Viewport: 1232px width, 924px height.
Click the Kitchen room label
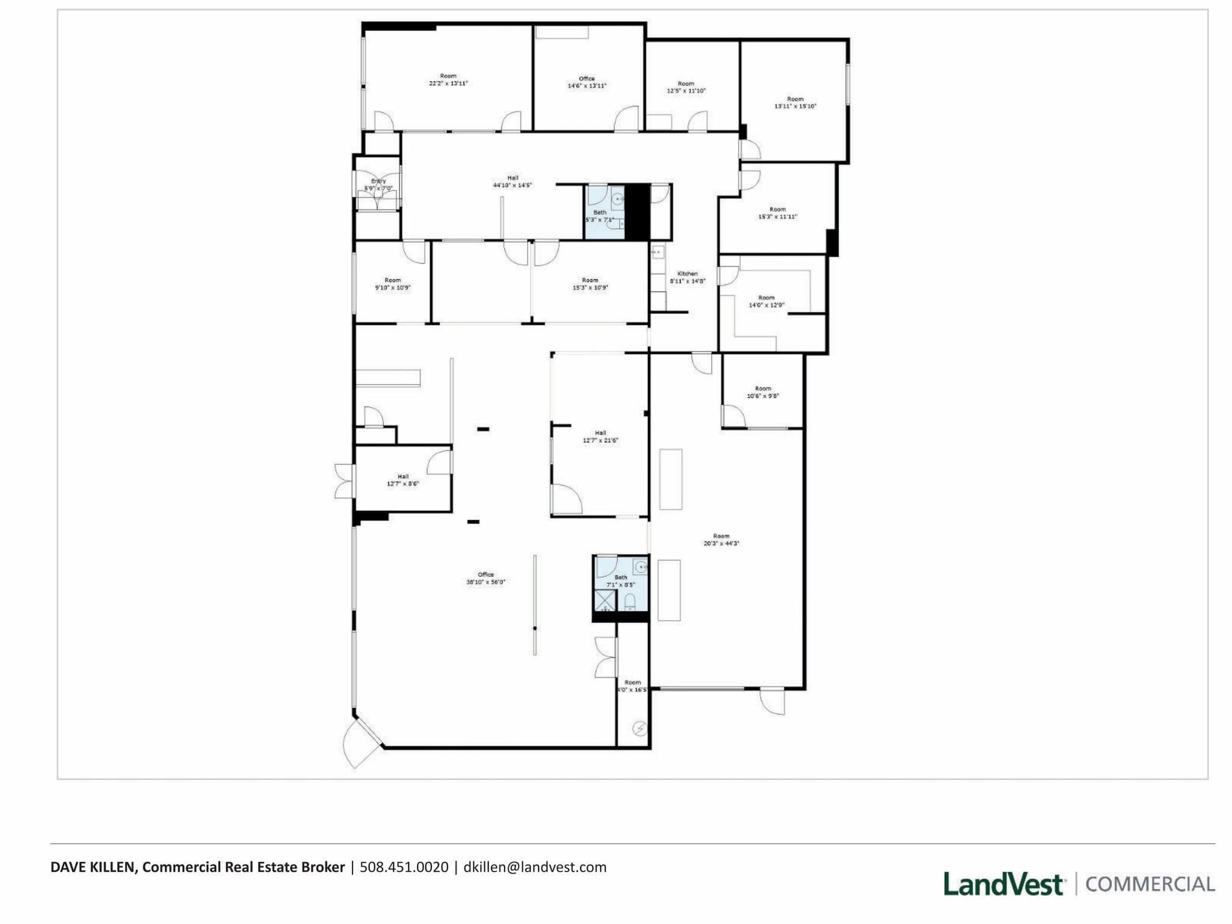point(687,274)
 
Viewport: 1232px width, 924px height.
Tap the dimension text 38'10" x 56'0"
point(485,582)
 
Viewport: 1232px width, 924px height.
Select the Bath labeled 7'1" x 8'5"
point(620,581)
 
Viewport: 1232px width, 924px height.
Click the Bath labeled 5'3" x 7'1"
point(600,216)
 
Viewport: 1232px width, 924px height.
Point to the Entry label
point(378,181)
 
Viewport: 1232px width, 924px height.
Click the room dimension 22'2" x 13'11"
point(448,84)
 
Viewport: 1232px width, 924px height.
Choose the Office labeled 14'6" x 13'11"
point(587,82)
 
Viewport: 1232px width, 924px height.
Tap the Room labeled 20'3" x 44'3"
point(721,540)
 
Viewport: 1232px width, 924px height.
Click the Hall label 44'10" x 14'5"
point(512,182)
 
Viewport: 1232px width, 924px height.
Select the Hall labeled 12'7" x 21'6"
point(600,437)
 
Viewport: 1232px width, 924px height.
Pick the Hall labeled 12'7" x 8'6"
point(402,480)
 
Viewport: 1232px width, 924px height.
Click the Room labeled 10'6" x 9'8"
point(763,392)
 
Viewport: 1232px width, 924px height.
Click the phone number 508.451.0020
point(404,867)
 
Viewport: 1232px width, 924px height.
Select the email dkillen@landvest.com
point(535,867)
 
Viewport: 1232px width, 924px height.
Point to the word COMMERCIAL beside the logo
point(1150,884)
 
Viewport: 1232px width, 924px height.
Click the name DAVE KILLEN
point(94,867)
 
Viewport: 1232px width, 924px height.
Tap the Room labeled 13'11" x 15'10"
point(795,102)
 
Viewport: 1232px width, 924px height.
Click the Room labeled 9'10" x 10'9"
point(392,284)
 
